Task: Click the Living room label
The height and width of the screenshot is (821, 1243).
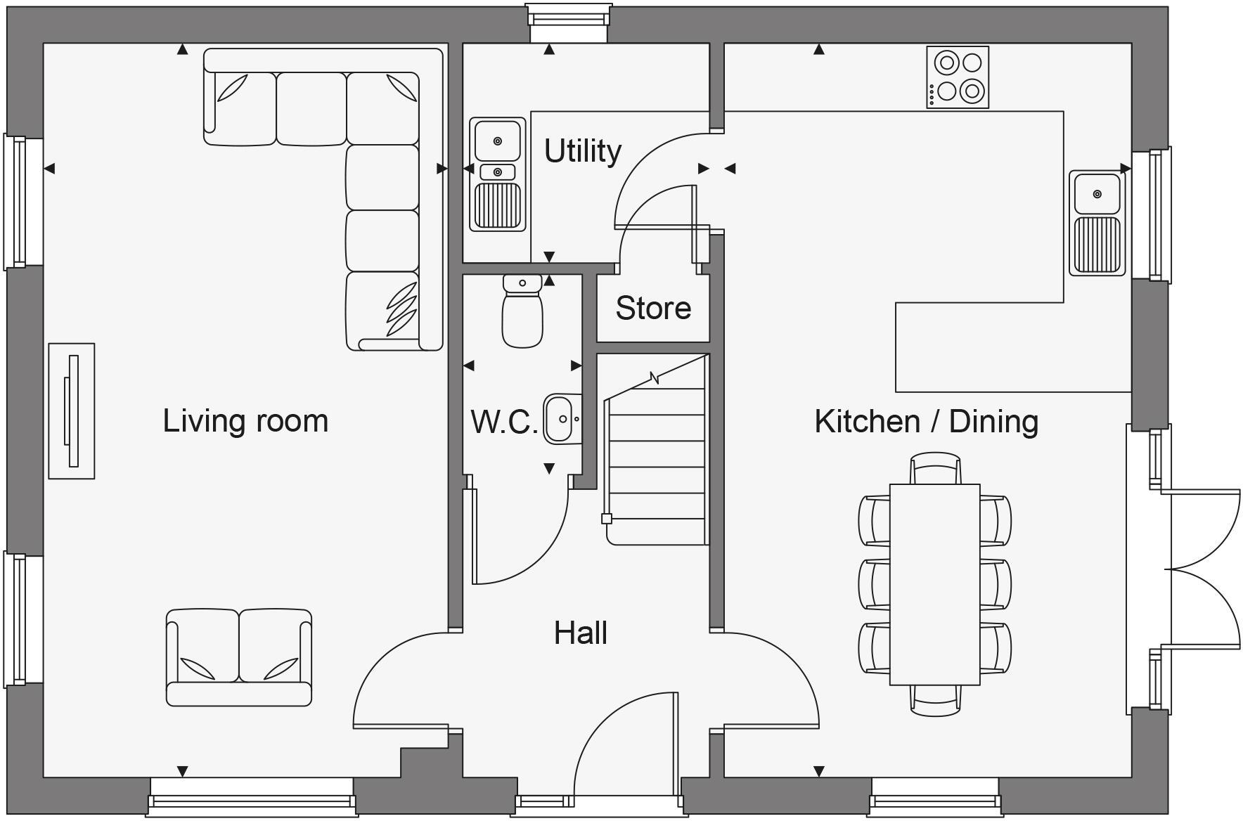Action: [245, 420]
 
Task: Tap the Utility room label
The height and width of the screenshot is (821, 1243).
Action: [583, 150]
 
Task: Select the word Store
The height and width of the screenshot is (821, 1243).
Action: [653, 308]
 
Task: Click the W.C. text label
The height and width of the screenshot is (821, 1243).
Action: [504, 422]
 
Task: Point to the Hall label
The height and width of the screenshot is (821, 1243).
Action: [581, 633]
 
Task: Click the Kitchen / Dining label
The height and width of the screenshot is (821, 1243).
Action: [926, 421]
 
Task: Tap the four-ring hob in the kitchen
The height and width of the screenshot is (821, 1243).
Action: [958, 77]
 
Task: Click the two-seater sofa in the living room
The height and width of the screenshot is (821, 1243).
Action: [239, 657]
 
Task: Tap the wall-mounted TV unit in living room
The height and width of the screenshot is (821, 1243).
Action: [72, 411]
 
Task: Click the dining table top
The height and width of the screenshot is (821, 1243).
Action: [934, 583]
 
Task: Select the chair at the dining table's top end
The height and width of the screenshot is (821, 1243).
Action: [934, 468]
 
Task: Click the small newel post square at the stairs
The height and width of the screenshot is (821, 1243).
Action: [607, 519]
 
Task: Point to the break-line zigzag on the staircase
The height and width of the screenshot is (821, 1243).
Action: [655, 378]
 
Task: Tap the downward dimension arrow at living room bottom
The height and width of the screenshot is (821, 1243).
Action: [183, 771]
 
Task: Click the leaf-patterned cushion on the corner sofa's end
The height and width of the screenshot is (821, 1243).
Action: [400, 310]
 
